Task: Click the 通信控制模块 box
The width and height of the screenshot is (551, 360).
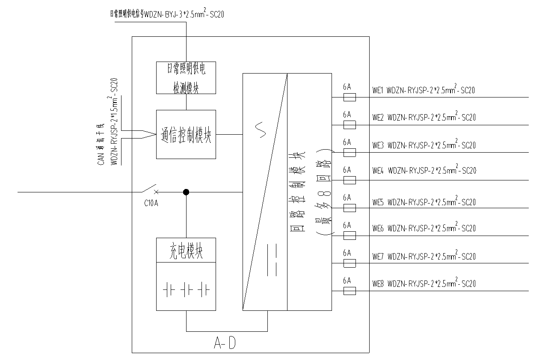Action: pyautogui.click(x=186, y=134)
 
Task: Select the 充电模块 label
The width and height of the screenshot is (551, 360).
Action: pyautogui.click(x=186, y=251)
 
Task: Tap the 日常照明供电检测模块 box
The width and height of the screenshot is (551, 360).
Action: pyautogui.click(x=186, y=77)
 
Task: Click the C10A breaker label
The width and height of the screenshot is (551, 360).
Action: pyautogui.click(x=151, y=203)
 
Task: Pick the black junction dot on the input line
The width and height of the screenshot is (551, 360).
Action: pyautogui.click(x=186, y=192)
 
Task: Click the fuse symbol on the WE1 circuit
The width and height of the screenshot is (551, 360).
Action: pyautogui.click(x=350, y=97)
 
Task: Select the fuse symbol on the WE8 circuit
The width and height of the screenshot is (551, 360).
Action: pyautogui.click(x=350, y=291)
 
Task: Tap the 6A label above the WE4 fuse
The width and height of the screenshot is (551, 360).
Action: pyautogui.click(x=347, y=170)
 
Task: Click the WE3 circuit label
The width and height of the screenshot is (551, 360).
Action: pyautogui.click(x=378, y=145)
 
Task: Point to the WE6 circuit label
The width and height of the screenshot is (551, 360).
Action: pyautogui.click(x=378, y=228)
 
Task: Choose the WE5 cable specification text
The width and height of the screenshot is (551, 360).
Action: pyautogui.click(x=431, y=202)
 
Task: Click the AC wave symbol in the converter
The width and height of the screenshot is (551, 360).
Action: pyautogui.click(x=261, y=130)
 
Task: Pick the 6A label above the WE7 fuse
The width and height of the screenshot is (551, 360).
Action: pyautogui.click(x=347, y=253)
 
